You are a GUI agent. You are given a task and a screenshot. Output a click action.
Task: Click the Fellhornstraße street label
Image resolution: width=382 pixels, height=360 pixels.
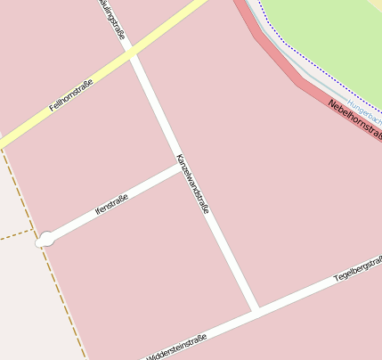[x=71, y=95]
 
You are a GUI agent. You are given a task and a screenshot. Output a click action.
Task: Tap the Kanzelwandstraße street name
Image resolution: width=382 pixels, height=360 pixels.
[x=192, y=184]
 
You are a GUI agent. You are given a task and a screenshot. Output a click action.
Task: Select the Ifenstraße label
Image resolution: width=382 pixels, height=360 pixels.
[x=111, y=205]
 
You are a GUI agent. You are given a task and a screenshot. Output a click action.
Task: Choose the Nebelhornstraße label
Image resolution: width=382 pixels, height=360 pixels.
[x=354, y=120]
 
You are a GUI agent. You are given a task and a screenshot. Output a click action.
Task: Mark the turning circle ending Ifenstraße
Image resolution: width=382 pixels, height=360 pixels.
[x=45, y=239]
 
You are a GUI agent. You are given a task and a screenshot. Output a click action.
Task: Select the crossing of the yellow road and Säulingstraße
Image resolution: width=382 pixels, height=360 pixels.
[x=132, y=54]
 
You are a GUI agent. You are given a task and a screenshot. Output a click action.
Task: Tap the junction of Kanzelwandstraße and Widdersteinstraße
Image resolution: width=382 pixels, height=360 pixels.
[x=256, y=310]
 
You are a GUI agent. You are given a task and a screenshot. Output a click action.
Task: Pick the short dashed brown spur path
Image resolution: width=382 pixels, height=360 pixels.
[x=16, y=235]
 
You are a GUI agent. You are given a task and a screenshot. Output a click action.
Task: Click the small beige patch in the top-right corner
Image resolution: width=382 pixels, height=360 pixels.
[x=378, y=4]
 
